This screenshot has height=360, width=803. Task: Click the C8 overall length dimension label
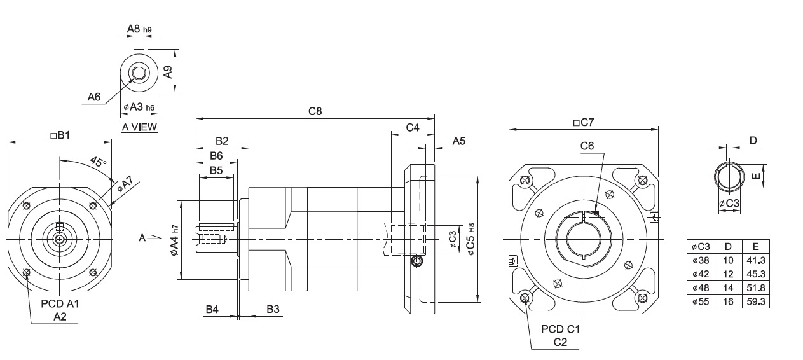(315, 111)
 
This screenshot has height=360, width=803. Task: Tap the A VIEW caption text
(139, 127)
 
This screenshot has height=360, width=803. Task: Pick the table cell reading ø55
(701, 301)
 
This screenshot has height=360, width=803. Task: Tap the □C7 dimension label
(583, 122)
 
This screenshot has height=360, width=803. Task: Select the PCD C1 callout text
(560, 329)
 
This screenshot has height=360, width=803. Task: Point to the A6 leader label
(94, 97)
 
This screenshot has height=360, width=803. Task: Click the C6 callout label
(587, 146)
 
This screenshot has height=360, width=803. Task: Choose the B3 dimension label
(273, 309)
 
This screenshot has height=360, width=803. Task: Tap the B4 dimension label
(212, 309)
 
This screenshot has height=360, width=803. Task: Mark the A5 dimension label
(459, 141)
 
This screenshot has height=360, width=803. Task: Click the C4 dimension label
(412, 128)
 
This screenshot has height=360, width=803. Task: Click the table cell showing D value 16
(729, 301)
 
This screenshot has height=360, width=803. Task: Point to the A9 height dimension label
(168, 71)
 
